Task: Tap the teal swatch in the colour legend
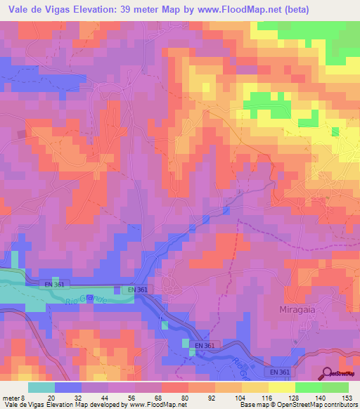point(41,387)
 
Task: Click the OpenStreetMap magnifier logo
point(326,373)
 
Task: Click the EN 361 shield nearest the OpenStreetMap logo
point(279,370)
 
